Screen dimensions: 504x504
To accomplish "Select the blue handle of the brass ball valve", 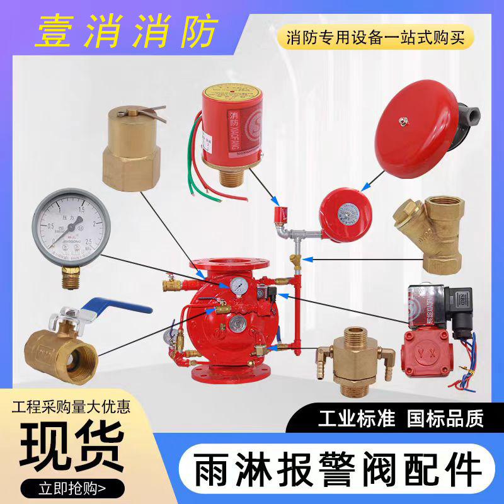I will (126, 306).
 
